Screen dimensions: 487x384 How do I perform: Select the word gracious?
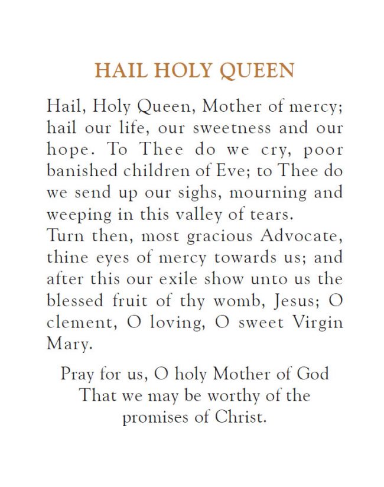(x=202, y=236)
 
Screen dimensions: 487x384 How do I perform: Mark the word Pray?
(x=76, y=375)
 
